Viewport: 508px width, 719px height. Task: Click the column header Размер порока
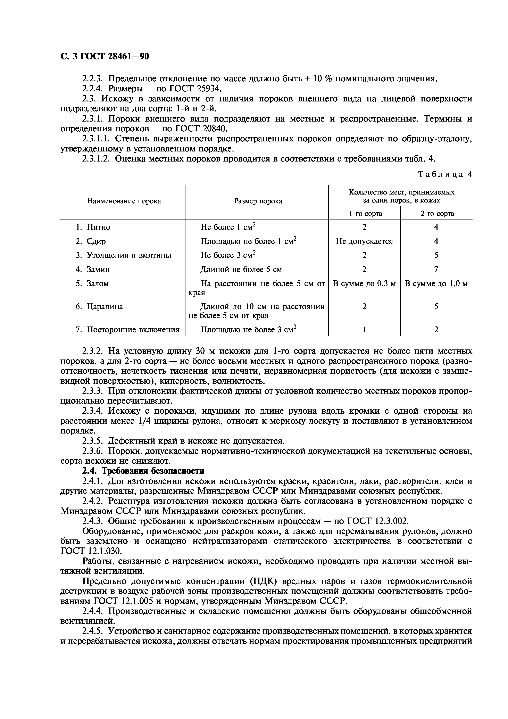[258, 201]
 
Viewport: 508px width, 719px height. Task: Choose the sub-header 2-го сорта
[437, 214]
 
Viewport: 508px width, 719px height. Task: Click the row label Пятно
[98, 227]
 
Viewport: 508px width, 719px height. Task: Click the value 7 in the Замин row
[436, 269]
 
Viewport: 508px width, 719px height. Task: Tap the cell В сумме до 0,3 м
[364, 284]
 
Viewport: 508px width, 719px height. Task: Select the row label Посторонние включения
[133, 330]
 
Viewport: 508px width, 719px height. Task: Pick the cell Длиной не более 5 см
[241, 269]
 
